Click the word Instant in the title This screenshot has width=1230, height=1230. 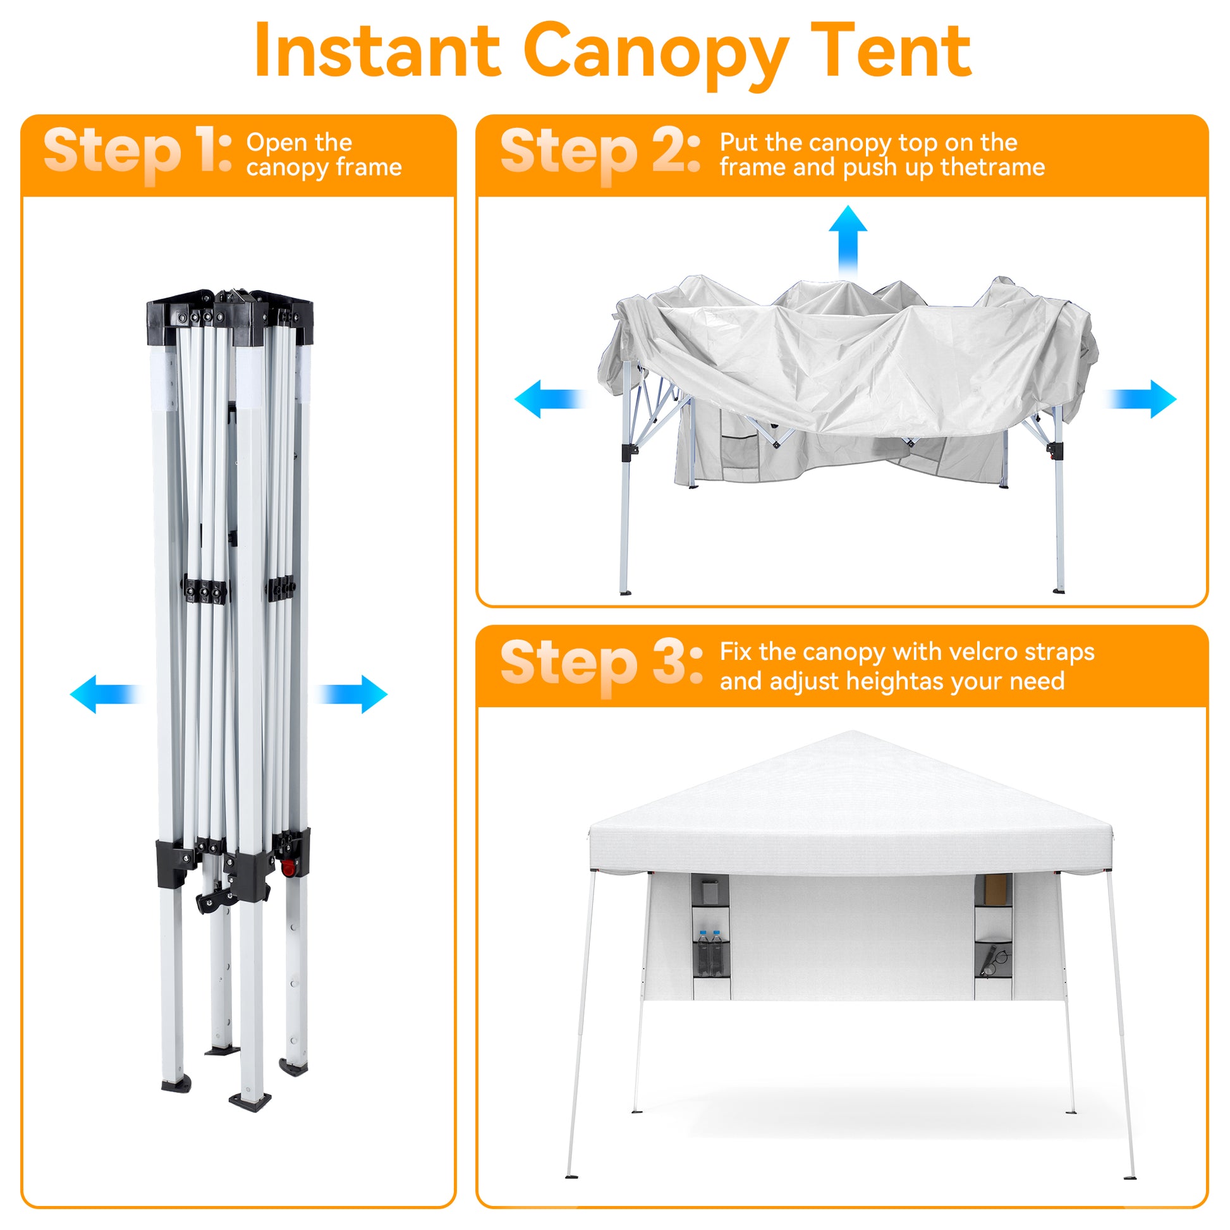377,51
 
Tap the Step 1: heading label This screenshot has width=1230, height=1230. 138,152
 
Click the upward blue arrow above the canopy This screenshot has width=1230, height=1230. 848,242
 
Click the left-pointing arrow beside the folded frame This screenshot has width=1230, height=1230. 106,694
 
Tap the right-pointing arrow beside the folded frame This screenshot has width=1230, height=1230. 351,694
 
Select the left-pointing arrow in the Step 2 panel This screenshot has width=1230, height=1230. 551,399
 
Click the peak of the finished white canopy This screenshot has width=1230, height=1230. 853,731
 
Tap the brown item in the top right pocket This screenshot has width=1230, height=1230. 995,889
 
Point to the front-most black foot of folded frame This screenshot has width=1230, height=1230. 250,1101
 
